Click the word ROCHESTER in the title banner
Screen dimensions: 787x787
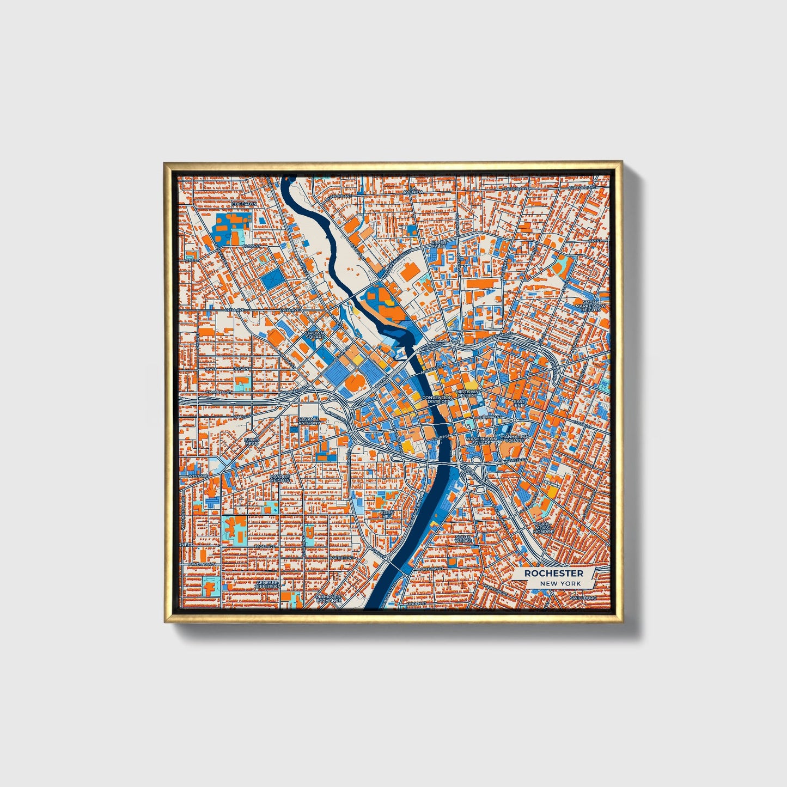553,573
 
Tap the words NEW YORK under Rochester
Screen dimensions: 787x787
560,583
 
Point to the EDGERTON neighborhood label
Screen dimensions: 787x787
244,204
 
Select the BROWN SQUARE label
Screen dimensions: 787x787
315,335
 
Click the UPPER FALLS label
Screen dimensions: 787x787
438,243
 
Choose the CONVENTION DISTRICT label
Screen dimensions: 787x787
436,399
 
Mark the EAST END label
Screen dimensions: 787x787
519,404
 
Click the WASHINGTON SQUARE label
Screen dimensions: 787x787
481,440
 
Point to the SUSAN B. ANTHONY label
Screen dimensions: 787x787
309,421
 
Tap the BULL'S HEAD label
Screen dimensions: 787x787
252,441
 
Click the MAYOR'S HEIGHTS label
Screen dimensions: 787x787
279,478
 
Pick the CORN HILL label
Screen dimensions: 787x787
387,514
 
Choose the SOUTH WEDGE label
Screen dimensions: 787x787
463,539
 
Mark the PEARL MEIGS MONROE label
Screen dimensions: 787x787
542,527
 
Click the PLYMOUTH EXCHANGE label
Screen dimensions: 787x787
328,599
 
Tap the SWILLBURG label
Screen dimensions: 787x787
583,597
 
